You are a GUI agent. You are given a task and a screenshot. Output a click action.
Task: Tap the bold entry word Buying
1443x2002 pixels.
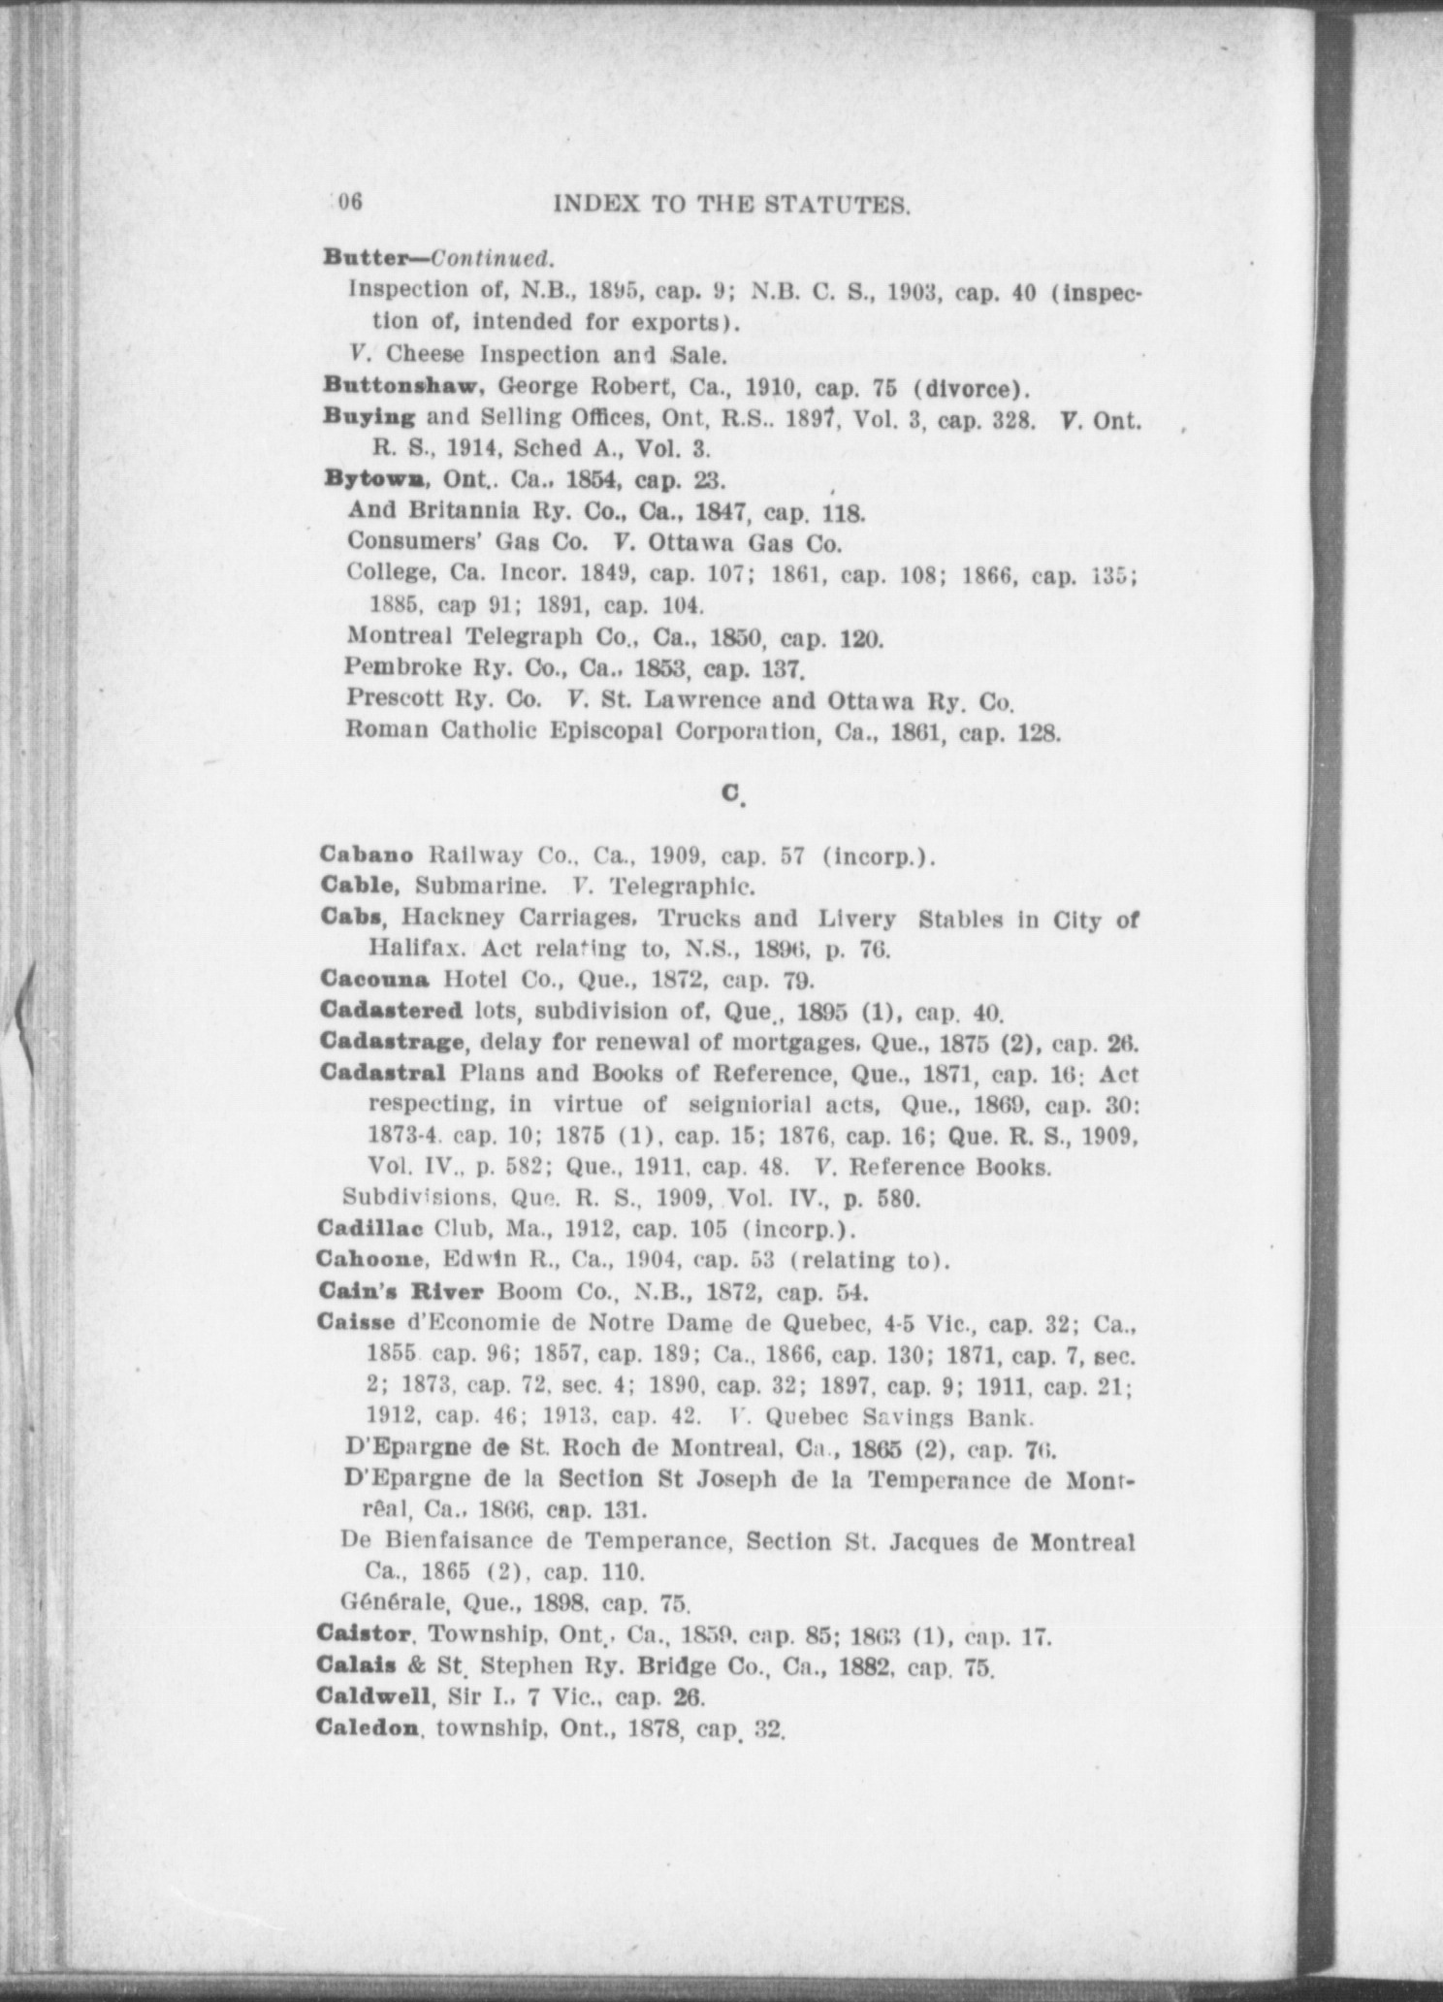[x=369, y=417]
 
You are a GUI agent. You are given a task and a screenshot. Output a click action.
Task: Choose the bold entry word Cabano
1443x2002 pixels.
[x=367, y=856]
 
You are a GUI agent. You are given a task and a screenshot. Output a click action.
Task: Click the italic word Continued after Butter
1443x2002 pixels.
[x=492, y=259]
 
